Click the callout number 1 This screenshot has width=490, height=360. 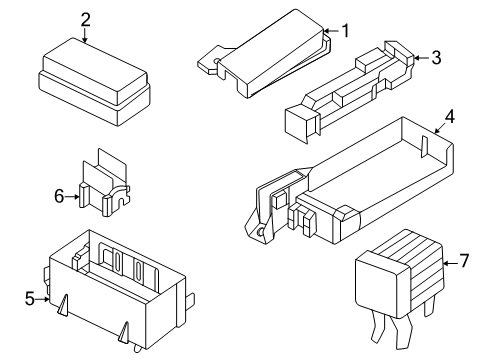click(x=345, y=30)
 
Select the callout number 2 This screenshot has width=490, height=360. click(x=85, y=19)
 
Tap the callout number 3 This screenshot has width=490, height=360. click(x=436, y=58)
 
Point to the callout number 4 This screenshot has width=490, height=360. click(x=450, y=117)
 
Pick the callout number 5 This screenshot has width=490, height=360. click(x=29, y=297)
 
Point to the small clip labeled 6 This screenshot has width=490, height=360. click(x=107, y=185)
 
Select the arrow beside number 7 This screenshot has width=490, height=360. click(x=449, y=262)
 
